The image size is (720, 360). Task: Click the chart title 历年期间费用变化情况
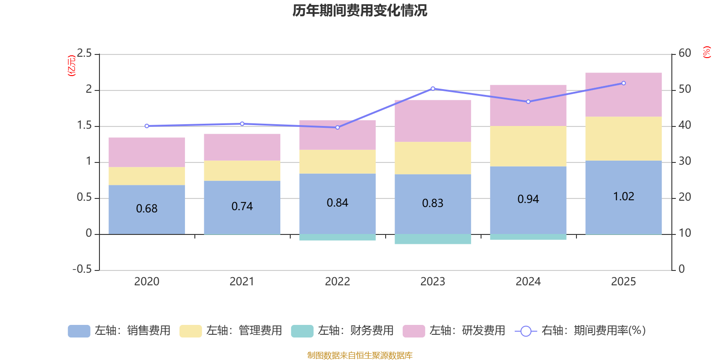(360, 10)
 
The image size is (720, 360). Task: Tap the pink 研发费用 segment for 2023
(432, 121)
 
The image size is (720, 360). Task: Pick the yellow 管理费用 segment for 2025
(623, 139)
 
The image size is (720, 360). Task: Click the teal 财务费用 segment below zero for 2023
(432, 239)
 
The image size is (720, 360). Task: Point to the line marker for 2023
(433, 88)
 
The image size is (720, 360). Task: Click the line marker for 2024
(528, 102)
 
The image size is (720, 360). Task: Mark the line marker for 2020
(147, 126)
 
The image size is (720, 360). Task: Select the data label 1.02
(623, 197)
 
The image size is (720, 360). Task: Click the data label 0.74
(242, 207)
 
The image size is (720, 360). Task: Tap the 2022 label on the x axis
(337, 282)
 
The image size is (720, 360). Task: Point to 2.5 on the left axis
(84, 54)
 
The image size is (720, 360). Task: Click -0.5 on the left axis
(82, 269)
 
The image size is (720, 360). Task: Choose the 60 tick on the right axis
(684, 53)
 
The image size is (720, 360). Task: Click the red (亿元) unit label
(71, 66)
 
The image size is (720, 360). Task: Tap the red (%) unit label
(707, 52)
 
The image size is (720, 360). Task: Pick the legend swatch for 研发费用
(414, 331)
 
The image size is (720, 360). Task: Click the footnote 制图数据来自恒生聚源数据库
(360, 355)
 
